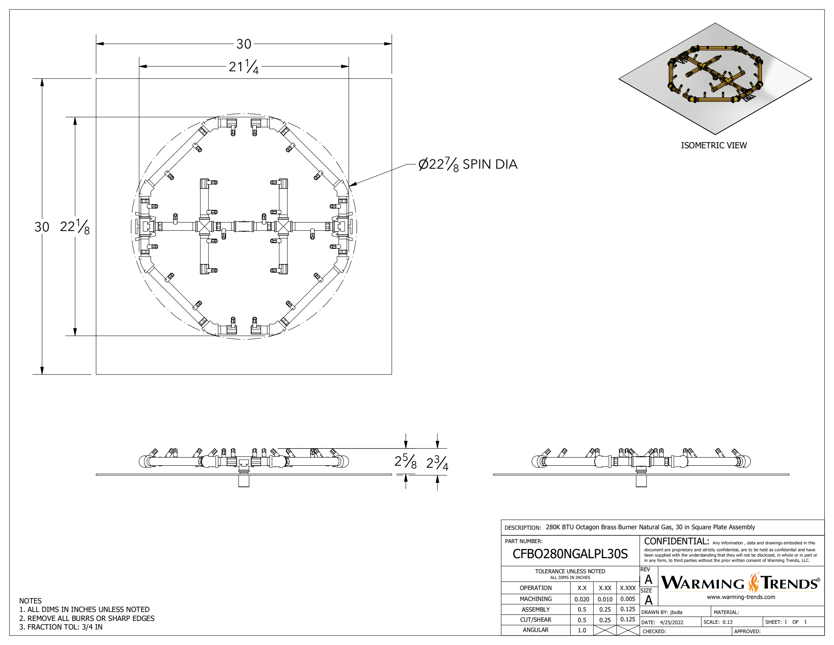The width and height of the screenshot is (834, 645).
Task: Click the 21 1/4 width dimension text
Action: tap(244, 66)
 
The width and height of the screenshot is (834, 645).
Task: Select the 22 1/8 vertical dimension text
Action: tap(75, 227)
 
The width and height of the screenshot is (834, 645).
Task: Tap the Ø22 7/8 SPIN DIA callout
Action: tap(468, 164)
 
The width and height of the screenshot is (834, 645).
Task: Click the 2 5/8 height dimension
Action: tap(405, 462)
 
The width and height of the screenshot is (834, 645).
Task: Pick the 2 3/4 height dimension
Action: tap(437, 462)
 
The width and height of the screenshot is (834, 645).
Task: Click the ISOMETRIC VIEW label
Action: tap(713, 145)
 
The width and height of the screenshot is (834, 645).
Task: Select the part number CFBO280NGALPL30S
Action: tap(570, 554)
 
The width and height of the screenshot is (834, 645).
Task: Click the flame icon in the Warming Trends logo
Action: tap(754, 583)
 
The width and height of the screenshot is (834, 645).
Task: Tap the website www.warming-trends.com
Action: tap(741, 597)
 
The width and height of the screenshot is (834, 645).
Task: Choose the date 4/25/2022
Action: tap(672, 622)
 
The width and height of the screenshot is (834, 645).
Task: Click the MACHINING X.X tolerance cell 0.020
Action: tap(582, 599)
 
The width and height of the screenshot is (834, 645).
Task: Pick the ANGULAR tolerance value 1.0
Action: tap(582, 630)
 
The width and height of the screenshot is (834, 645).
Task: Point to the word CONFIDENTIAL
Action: tap(676, 542)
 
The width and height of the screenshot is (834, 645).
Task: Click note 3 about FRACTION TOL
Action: tap(61, 627)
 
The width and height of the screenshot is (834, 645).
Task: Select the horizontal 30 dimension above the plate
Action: tap(244, 44)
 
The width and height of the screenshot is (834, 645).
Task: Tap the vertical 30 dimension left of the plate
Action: tap(42, 227)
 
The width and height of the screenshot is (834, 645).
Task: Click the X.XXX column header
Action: tap(628, 588)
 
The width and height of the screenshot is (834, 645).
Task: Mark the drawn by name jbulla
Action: tap(676, 612)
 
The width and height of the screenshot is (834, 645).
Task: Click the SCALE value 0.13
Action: tap(727, 622)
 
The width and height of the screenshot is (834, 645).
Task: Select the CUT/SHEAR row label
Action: tap(535, 620)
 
